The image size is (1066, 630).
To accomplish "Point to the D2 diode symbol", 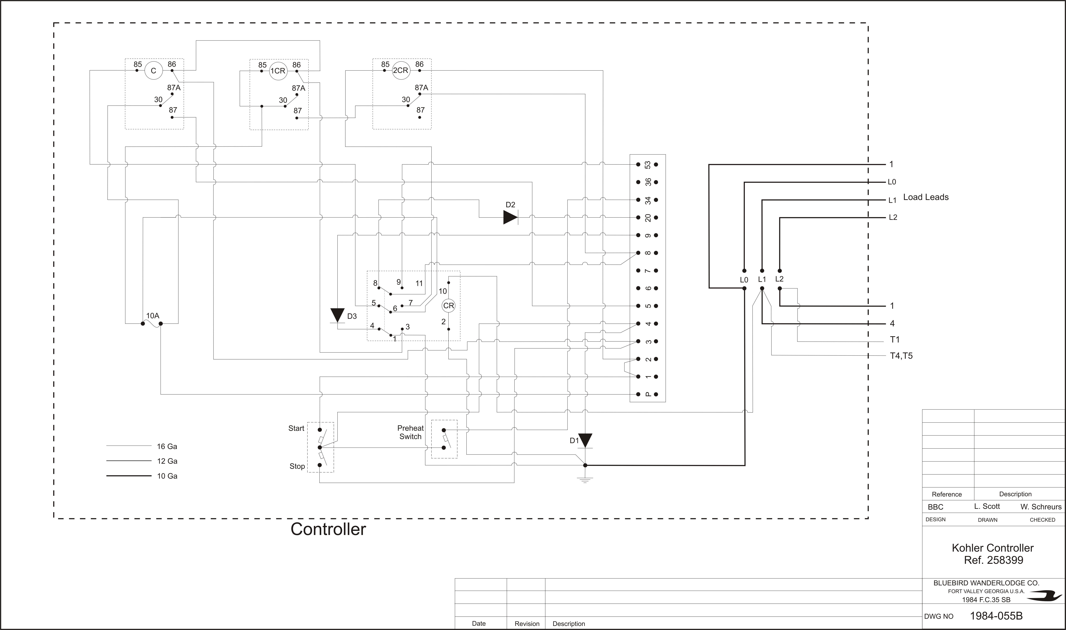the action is (x=510, y=217).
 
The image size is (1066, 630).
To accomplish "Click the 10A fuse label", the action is (x=153, y=316).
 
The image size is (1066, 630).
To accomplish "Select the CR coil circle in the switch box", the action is (x=449, y=306).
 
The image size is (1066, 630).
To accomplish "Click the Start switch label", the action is (x=296, y=428).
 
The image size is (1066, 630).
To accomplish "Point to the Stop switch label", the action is (x=297, y=466).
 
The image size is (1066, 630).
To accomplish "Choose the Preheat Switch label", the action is (x=410, y=432).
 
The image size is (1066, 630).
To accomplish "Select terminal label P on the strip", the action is (x=648, y=394).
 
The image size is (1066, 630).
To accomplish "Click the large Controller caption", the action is (x=328, y=529).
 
